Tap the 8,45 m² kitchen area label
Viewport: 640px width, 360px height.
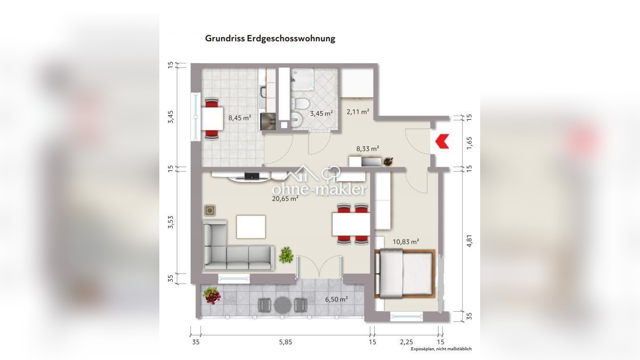(240, 118)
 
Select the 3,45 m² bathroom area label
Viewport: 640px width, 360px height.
(321, 113)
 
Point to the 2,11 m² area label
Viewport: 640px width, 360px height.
(358, 112)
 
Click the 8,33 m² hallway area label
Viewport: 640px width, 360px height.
(368, 149)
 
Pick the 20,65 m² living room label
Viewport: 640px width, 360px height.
(285, 199)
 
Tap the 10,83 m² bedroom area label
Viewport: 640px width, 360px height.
(406, 242)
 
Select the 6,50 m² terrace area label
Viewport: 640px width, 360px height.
(336, 299)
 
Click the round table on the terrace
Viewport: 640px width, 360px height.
(283, 305)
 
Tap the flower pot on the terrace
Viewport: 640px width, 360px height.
(212, 296)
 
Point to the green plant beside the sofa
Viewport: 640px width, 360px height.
(286, 255)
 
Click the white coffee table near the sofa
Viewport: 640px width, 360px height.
(251, 227)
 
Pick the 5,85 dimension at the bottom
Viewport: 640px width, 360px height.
(286, 342)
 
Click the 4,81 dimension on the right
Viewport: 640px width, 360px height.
(469, 241)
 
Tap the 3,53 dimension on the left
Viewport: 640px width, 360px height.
(171, 222)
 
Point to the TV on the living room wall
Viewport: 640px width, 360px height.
(252, 176)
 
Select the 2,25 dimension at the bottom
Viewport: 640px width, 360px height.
(406, 342)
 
